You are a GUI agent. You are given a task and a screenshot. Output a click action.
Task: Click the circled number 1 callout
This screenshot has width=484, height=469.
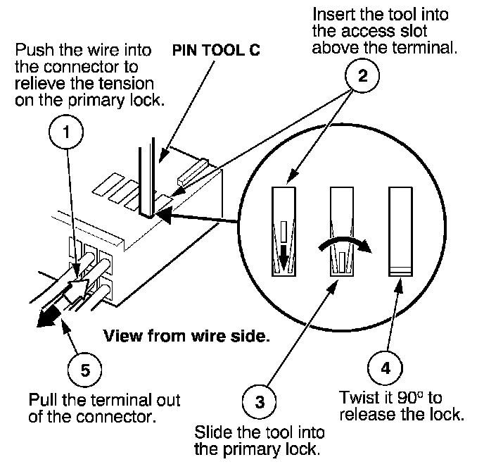point(66,132)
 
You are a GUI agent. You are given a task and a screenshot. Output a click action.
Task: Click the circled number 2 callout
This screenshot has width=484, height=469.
point(362,75)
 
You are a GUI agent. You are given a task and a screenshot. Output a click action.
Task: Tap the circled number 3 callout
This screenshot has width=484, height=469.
point(260,401)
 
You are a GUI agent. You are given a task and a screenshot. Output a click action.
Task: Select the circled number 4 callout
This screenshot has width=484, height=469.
point(386,368)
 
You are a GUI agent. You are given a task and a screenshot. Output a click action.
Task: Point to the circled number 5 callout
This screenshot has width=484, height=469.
point(85,370)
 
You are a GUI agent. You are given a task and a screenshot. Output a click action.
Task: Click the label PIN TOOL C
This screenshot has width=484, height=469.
point(216,50)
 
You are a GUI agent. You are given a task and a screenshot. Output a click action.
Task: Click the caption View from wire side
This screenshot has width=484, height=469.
point(186,336)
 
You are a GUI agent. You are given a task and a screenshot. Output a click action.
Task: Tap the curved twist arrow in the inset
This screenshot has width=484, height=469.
point(344,240)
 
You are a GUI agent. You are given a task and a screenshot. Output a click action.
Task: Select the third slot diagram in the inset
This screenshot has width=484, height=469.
point(400,232)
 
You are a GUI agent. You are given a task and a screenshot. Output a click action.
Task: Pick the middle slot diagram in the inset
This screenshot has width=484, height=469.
point(342,232)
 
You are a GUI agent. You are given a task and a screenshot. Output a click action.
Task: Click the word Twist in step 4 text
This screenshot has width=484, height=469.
point(357,398)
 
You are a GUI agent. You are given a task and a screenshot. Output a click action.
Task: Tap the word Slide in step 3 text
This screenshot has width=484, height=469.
point(213,432)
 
